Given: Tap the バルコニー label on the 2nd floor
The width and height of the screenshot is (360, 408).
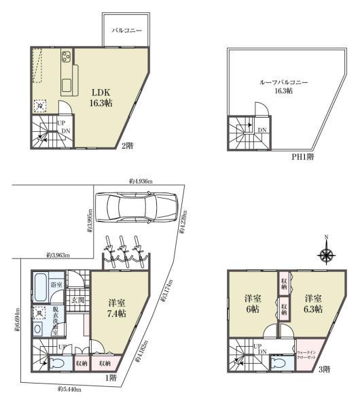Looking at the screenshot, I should tap(126, 31).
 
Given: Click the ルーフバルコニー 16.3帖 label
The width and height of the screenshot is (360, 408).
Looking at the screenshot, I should tap(283, 86).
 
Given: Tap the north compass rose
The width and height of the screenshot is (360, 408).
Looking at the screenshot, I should tap(327, 255).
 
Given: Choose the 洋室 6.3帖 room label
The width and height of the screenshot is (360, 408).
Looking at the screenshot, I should tap(312, 303).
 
